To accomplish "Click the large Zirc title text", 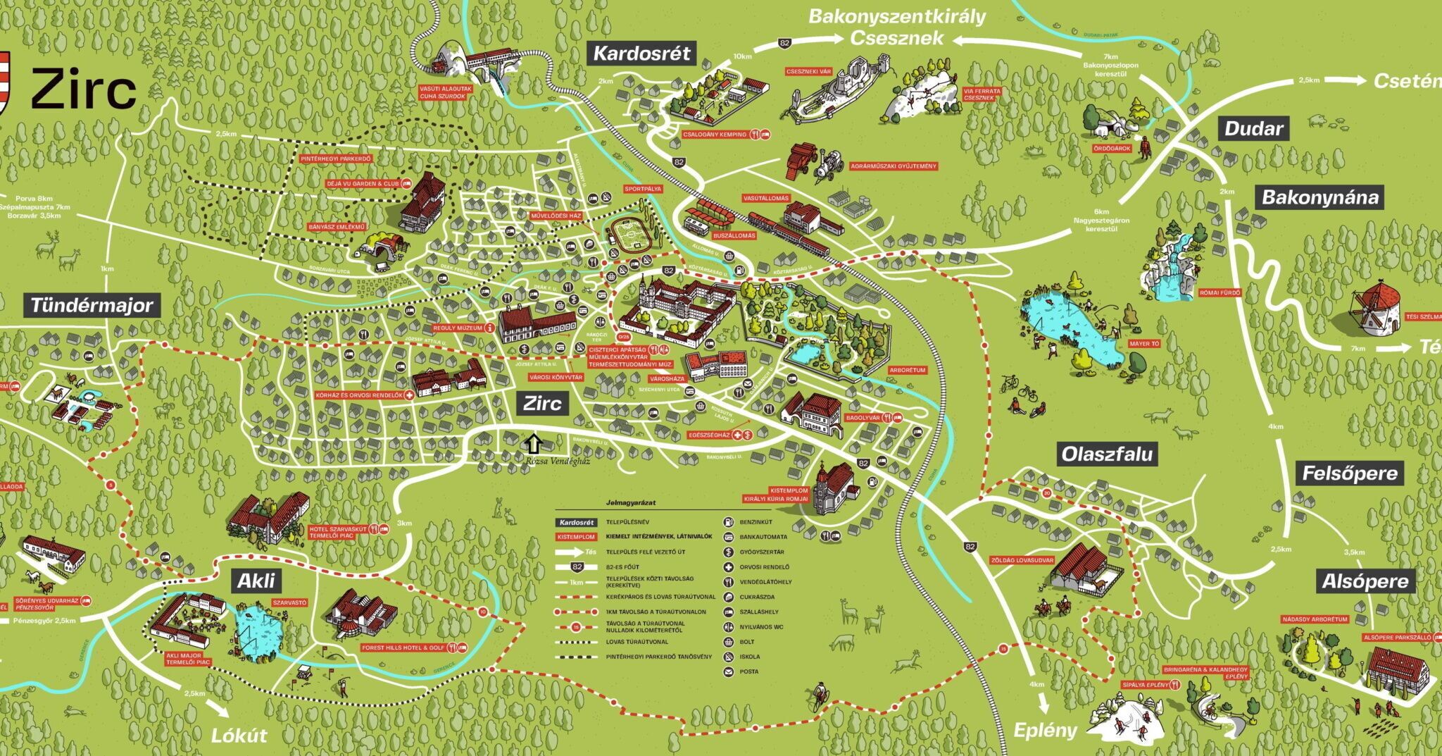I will [82, 89].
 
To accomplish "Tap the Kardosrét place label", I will [641, 54].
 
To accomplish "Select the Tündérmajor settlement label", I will [92, 305].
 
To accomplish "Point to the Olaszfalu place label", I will [1107, 454].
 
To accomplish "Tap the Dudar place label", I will [1254, 129].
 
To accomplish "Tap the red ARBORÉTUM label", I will [907, 370].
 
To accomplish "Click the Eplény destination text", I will [1045, 730].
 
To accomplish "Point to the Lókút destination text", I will [239, 736].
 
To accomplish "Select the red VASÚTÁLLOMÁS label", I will [766, 199].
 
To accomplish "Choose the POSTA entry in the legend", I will [749, 671].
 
